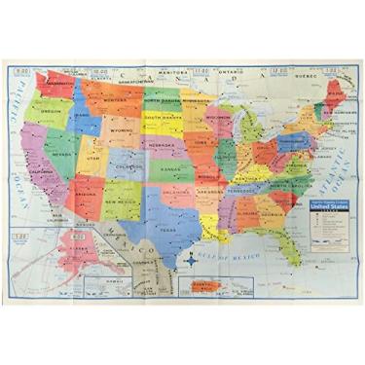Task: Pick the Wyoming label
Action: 121,129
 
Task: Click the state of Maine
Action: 338,89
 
